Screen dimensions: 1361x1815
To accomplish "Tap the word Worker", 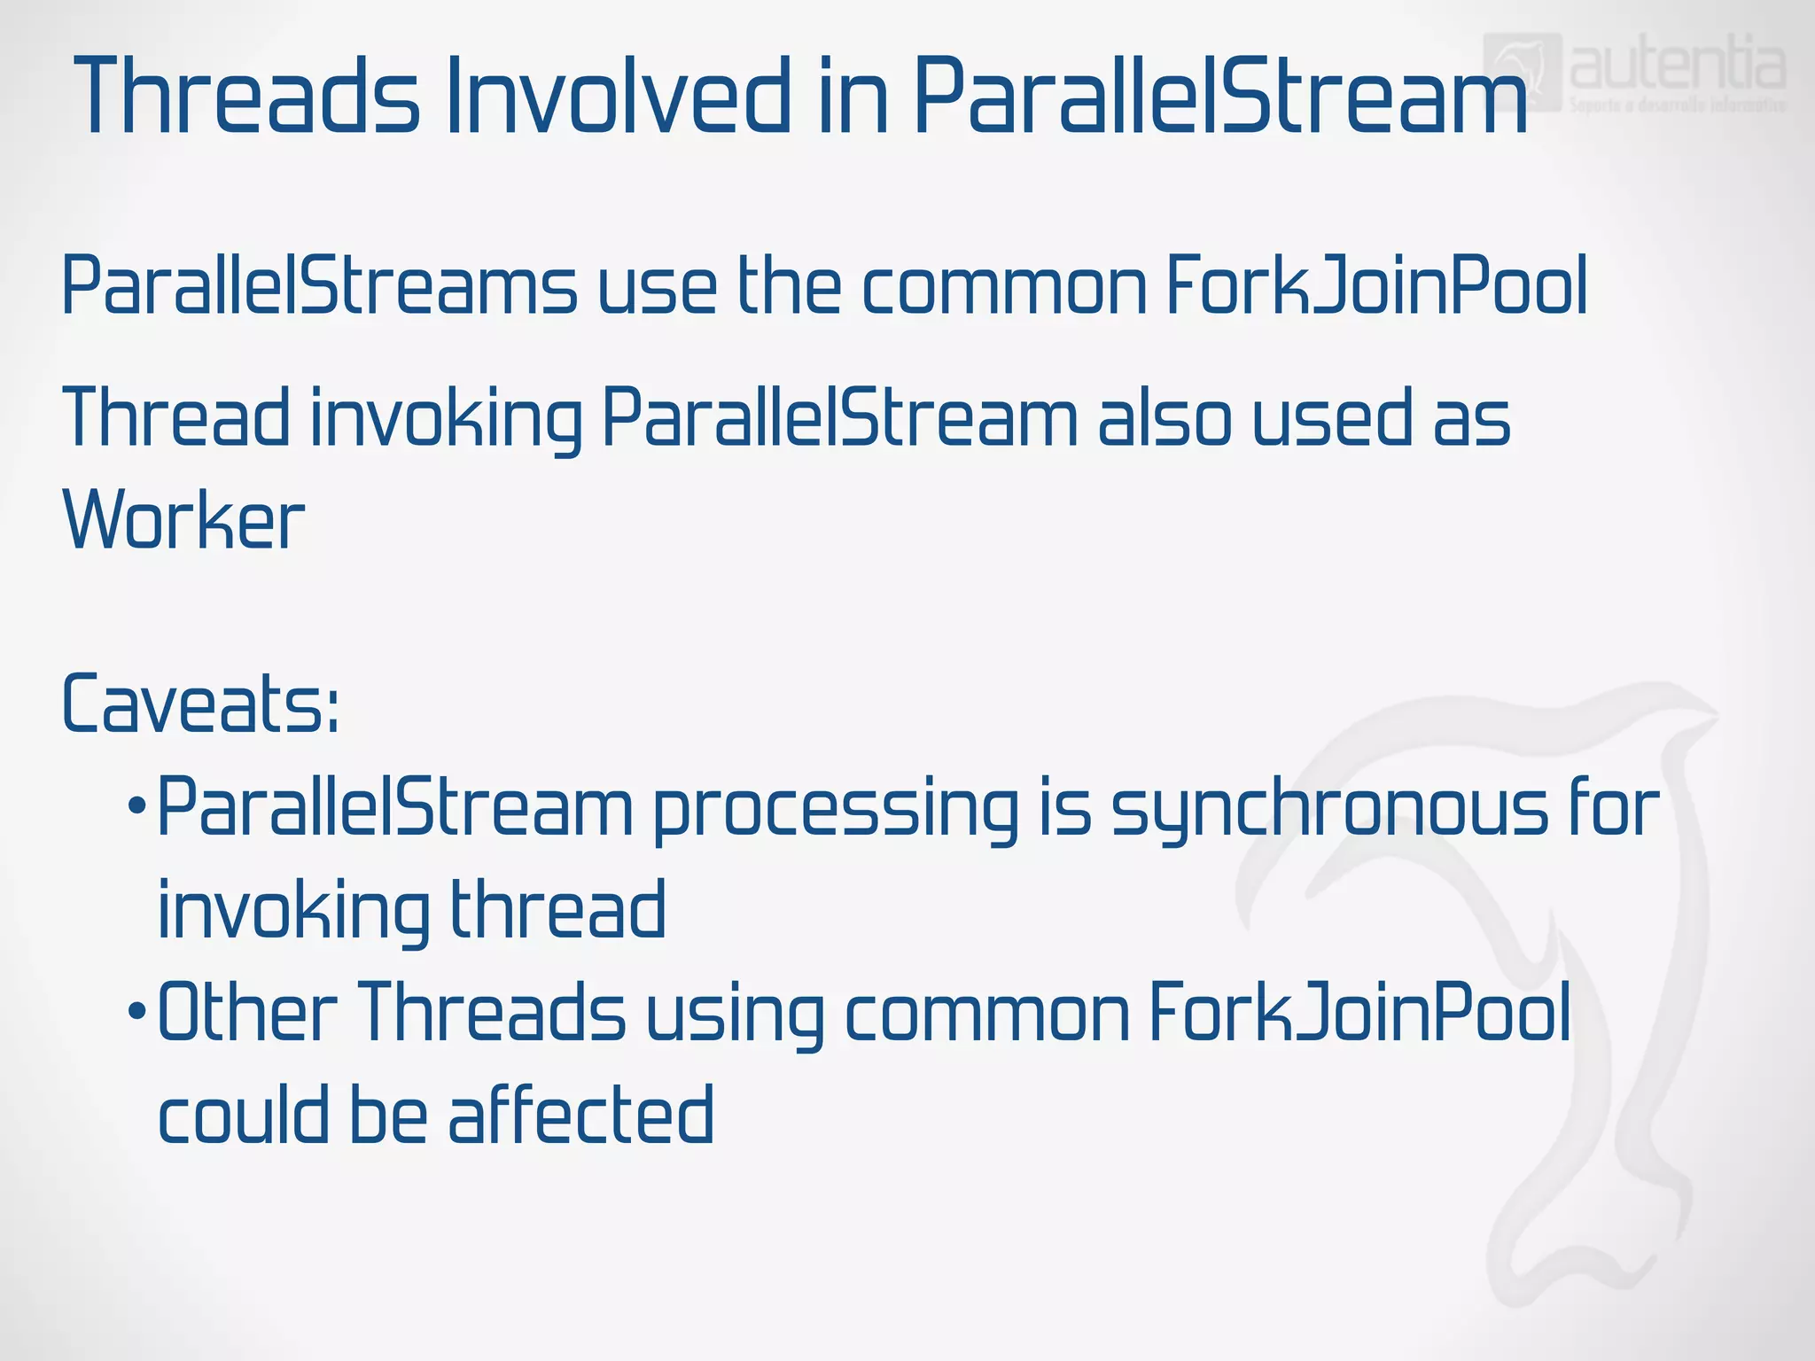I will pyautogui.click(x=183, y=521).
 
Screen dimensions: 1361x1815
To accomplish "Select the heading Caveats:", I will pyautogui.click(x=200, y=704).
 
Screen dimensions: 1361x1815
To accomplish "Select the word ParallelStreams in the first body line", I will pyautogui.click(x=319, y=286).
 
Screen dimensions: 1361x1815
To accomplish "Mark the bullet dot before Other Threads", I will pyautogui.click(x=136, y=1011).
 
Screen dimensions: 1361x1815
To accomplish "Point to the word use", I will pyautogui.click(x=658, y=288).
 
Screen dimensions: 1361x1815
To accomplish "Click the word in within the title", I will pyautogui.click(x=853, y=96).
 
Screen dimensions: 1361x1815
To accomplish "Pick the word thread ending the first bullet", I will pyautogui.click(x=558, y=910).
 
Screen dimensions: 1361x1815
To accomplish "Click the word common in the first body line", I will pyautogui.click(x=1004, y=288).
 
